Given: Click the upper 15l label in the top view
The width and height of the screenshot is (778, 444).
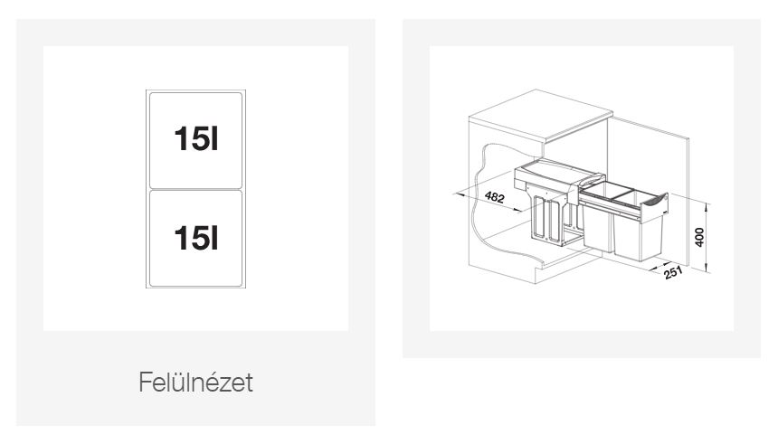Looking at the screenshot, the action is click(x=195, y=138).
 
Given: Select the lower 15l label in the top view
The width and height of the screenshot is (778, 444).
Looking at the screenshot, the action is click(x=195, y=238).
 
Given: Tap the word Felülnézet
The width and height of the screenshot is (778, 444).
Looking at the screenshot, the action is click(x=195, y=382).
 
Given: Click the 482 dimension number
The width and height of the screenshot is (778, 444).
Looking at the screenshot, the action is click(x=495, y=197).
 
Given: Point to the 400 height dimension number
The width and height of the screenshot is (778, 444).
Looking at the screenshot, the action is click(x=699, y=237).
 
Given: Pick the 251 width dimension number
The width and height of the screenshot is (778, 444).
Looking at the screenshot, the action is click(x=673, y=272).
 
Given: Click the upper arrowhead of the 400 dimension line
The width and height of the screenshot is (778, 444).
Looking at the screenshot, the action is click(x=707, y=205).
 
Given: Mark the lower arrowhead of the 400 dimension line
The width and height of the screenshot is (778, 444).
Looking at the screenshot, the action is click(x=707, y=269).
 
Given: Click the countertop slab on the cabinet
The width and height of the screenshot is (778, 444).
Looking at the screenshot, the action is click(x=541, y=116).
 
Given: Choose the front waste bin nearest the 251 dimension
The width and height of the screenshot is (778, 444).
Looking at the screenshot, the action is click(x=639, y=237).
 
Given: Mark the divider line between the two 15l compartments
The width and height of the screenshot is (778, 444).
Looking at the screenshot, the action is click(x=195, y=189).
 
